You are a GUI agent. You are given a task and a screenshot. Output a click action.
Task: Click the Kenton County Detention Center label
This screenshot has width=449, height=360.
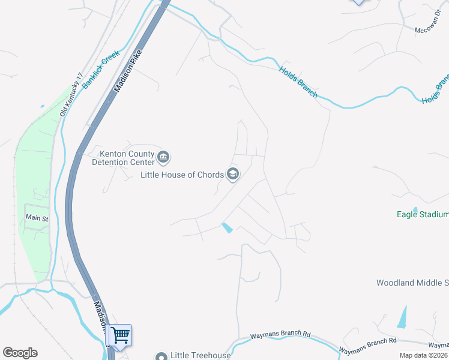[x=122, y=158]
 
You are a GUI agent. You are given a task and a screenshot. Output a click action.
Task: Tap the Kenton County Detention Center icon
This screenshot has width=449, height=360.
[x=163, y=158]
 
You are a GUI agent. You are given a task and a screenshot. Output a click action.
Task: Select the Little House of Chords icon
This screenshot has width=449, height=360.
[x=232, y=175]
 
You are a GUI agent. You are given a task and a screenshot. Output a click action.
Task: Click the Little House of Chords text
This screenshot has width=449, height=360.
[x=181, y=175]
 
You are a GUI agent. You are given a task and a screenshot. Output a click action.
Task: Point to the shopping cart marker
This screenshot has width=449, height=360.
[x=120, y=335]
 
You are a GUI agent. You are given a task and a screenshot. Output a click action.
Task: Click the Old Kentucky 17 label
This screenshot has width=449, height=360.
[x=71, y=95]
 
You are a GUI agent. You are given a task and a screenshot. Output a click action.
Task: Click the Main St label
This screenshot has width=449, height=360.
[x=37, y=218]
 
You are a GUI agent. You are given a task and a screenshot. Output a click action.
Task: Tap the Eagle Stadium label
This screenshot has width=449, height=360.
[x=423, y=214]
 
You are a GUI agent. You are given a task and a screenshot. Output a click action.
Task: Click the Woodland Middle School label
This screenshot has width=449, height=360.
[x=412, y=283]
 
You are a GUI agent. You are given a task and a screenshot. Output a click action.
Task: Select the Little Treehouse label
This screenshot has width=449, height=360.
[x=200, y=356]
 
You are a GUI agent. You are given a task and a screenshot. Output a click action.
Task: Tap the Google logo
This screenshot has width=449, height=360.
[x=20, y=353]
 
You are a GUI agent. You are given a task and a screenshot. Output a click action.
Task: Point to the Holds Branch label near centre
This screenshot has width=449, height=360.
[x=298, y=82]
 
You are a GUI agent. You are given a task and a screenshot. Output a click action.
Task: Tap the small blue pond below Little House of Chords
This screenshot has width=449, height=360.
[x=228, y=228]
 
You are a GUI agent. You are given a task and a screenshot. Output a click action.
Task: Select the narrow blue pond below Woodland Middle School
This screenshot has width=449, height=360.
[x=402, y=317]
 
